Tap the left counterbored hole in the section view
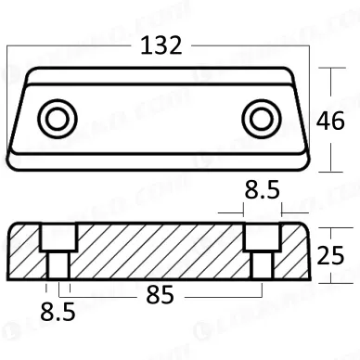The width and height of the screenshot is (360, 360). (55, 251)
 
